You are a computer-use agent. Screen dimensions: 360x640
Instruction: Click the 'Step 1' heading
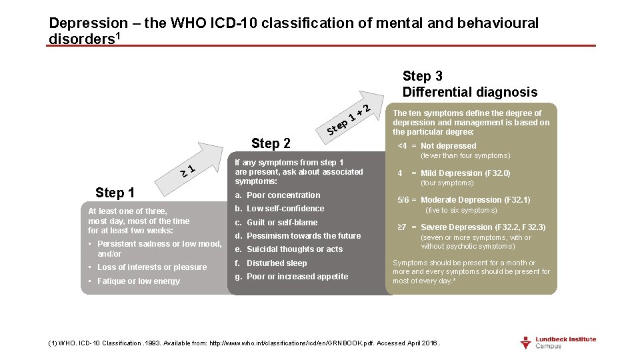tap(115, 193)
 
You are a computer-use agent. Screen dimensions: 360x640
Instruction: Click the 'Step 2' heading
tap(271, 143)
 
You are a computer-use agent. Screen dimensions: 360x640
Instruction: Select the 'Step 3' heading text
tap(423, 76)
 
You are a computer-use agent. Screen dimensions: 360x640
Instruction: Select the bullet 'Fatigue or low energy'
tap(139, 281)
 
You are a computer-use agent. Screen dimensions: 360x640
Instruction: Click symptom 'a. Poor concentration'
tap(277, 195)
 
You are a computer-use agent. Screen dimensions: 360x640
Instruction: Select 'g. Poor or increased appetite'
tap(291, 277)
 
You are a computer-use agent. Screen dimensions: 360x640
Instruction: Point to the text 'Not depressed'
tap(449, 146)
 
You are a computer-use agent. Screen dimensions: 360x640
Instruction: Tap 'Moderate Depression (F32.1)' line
tap(475, 200)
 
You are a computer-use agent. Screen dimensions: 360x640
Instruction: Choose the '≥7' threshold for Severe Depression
tap(402, 227)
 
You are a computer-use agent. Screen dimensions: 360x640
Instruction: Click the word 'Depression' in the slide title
tap(91, 23)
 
